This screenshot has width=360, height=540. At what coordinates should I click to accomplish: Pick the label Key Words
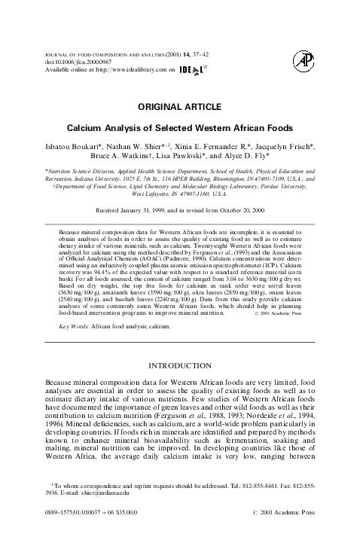pos(74,327)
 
